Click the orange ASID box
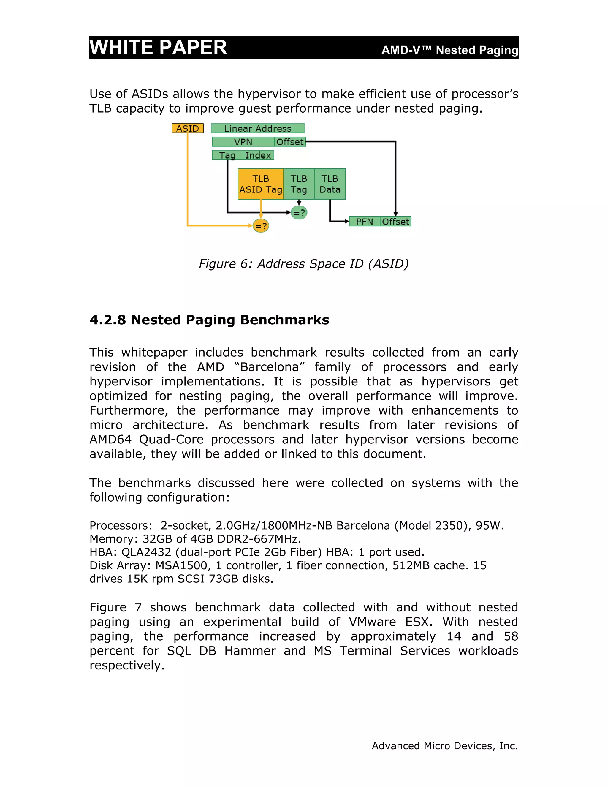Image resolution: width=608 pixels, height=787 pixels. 187,128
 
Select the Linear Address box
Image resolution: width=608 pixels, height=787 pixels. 257,128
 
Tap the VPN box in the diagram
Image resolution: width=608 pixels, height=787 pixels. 243,142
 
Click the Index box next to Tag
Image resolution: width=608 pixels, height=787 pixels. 258,155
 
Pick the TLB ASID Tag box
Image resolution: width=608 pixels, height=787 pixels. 260,184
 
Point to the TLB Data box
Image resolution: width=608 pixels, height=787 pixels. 330,184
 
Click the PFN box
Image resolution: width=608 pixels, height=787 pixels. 364,222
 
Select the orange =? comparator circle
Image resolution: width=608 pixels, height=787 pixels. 261,226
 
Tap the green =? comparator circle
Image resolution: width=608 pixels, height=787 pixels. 299,213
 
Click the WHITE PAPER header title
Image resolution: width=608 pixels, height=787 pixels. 158,47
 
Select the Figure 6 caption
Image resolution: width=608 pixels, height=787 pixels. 304,264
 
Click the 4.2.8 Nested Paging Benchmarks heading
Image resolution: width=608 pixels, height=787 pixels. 209,320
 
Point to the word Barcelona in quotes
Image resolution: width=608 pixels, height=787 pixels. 270,367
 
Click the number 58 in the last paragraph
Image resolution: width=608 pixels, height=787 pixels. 510,636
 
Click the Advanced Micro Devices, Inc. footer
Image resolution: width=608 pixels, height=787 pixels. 444,745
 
